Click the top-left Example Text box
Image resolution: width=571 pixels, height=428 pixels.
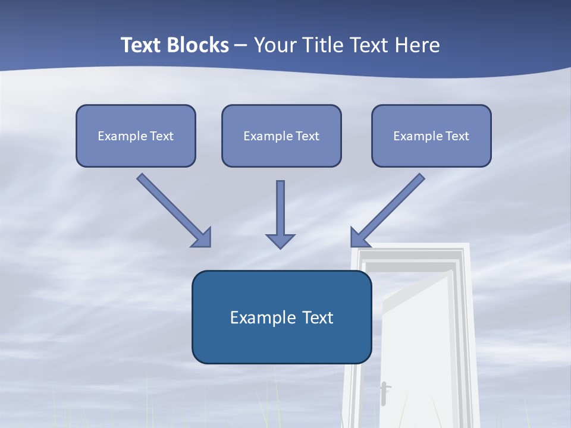click(136, 136)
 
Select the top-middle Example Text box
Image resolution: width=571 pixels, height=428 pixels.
click(281, 136)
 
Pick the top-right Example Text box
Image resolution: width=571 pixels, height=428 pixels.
click(431, 136)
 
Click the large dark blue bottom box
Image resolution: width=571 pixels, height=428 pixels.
click(281, 317)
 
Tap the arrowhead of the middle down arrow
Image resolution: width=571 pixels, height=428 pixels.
click(280, 241)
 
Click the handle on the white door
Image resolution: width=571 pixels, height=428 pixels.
click(384, 392)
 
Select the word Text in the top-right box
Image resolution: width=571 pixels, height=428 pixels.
click(457, 136)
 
